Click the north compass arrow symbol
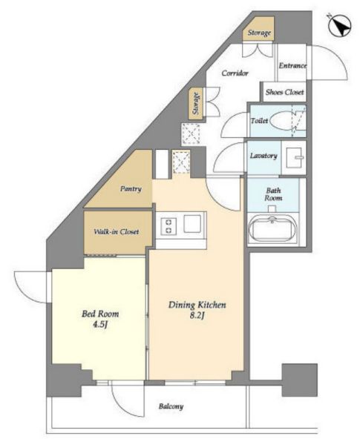pyautogui.click(x=339, y=25)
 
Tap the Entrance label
pyautogui.click(x=292, y=65)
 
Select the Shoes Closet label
pyautogui.click(x=284, y=92)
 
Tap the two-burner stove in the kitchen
pyautogui.click(x=169, y=226)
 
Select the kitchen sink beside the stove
pyautogui.click(x=192, y=223)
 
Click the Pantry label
pyautogui.click(x=131, y=189)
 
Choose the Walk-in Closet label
pyautogui.click(x=117, y=232)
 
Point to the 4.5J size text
pyautogui.click(x=100, y=325)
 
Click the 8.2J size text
pyautogui.click(x=197, y=316)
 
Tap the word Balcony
pyautogui.click(x=171, y=406)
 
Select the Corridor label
pyautogui.click(x=235, y=73)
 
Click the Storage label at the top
pyautogui.click(x=260, y=33)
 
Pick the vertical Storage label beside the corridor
pyautogui.click(x=197, y=104)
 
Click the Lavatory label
pyautogui.click(x=264, y=156)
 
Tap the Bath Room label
pyautogui.click(x=273, y=194)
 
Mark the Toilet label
pyautogui.click(x=260, y=121)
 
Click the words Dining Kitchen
pyautogui.click(x=197, y=305)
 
